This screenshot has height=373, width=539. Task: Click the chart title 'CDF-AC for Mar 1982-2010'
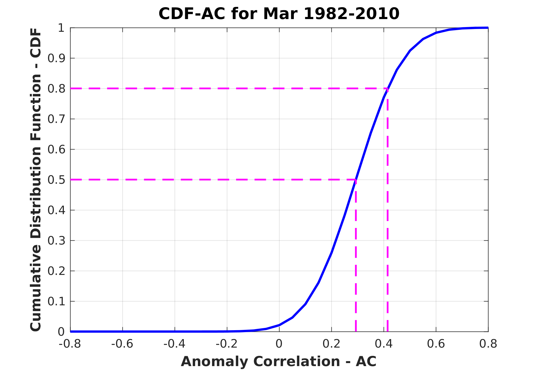[x=279, y=14]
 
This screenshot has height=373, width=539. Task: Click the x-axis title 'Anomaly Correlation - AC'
[x=279, y=361]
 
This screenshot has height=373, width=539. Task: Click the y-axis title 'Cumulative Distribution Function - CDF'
[x=36, y=180]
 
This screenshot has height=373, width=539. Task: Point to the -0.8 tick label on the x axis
[x=70, y=344]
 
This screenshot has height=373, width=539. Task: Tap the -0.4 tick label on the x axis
[x=174, y=344]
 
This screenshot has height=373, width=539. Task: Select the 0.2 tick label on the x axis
[x=331, y=344]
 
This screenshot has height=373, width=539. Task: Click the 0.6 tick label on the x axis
[x=436, y=344]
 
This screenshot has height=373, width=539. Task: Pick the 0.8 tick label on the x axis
[x=488, y=344]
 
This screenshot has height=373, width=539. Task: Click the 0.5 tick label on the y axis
[x=56, y=180]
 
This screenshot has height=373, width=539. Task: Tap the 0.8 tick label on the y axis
[x=56, y=89]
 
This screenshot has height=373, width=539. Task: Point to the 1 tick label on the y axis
[x=61, y=28]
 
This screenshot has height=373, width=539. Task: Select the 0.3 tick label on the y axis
[x=56, y=241]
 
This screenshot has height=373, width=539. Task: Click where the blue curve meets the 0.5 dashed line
[x=356, y=180]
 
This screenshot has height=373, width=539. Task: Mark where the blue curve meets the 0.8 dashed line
[x=388, y=89]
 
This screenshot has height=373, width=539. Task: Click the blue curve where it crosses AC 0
[x=279, y=325]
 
